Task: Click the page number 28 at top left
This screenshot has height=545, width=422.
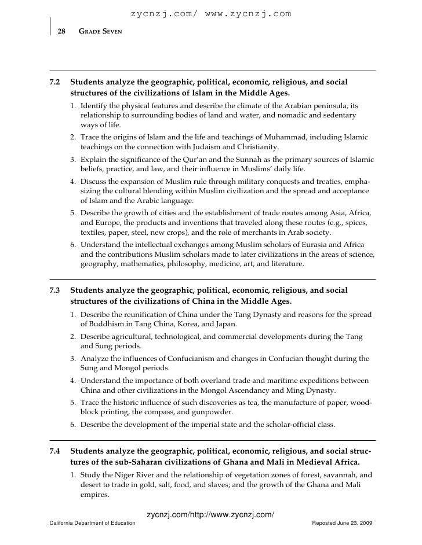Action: point(60,30)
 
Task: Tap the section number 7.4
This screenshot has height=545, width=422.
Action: point(55,451)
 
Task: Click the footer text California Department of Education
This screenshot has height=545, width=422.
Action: point(93,522)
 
